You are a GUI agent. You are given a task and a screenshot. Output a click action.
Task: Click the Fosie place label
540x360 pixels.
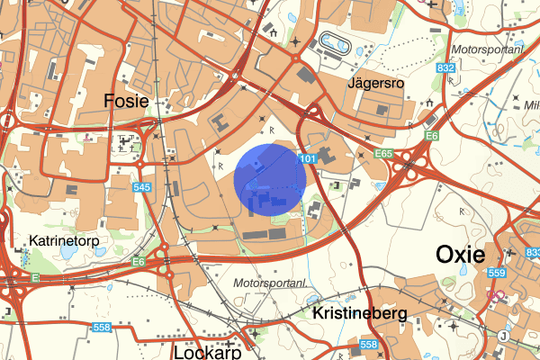tap(126, 100)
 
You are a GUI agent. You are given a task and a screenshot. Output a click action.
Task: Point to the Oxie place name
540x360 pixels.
tap(461, 254)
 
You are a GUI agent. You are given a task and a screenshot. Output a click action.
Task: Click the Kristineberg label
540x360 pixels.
tap(360, 314)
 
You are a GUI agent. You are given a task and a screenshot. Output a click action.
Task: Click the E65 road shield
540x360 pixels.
tap(384, 154)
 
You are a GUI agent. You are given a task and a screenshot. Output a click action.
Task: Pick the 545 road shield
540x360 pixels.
tap(141, 187)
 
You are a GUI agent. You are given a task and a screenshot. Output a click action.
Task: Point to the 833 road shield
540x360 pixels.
tap(532, 254)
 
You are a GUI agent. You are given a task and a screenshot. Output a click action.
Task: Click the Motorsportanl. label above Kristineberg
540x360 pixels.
tap(270, 283)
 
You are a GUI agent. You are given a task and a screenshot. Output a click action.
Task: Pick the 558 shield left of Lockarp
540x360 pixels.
tap(101, 327)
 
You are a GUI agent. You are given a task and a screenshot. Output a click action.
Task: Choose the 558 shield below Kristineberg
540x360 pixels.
tap(367, 345)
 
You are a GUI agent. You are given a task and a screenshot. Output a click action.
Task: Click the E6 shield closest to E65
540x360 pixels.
tap(432, 136)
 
